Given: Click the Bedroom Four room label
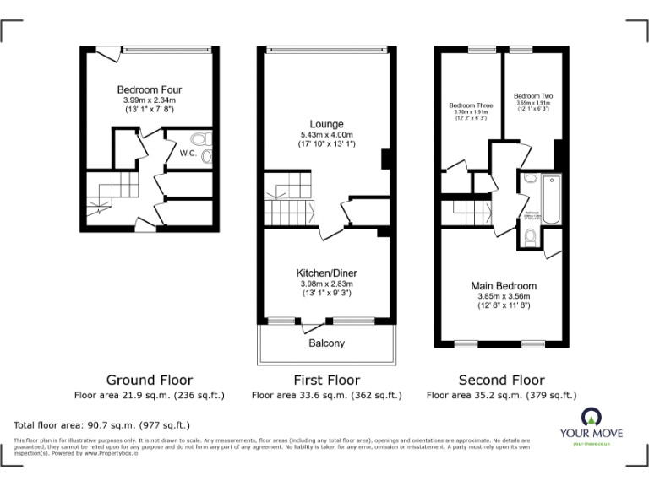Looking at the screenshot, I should (x=149, y=89).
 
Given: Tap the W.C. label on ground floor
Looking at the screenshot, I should (x=188, y=154).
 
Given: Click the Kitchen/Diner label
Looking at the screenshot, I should (x=325, y=273).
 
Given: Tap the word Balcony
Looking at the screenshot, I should (x=326, y=343).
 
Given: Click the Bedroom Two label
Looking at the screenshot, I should (x=532, y=96).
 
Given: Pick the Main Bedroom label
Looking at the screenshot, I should (x=504, y=286).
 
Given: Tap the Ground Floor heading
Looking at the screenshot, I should (x=149, y=381).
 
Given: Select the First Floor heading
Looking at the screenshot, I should (x=326, y=381).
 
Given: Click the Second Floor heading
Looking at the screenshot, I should (x=501, y=381).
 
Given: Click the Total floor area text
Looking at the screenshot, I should (x=101, y=425).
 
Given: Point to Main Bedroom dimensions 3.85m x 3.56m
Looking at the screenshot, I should (x=504, y=296).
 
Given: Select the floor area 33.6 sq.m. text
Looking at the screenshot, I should (x=326, y=395).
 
